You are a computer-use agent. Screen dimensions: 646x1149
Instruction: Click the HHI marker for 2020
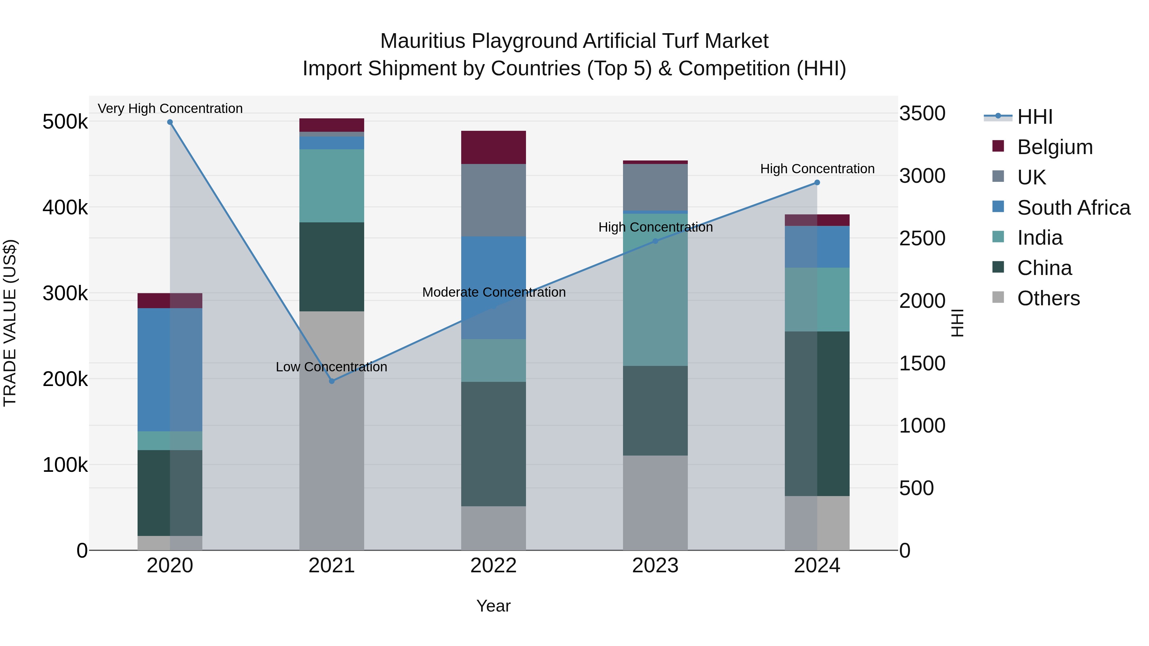pyautogui.click(x=170, y=122)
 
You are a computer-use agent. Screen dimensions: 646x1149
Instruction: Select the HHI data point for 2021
pyautogui.click(x=331, y=381)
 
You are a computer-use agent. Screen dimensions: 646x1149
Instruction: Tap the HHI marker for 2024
pyautogui.click(x=817, y=182)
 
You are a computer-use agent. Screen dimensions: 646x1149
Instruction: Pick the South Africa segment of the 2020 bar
pyautogui.click(x=169, y=370)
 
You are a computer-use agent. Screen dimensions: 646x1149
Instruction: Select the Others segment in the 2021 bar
pyautogui.click(x=331, y=430)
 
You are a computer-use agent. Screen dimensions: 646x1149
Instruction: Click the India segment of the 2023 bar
pyautogui.click(x=655, y=290)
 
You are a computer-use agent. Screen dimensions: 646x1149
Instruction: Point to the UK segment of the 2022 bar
pyautogui.click(x=493, y=200)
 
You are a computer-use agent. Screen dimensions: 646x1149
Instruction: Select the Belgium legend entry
pyautogui.click(x=1055, y=147)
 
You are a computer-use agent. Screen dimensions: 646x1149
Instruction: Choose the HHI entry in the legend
pyautogui.click(x=1034, y=117)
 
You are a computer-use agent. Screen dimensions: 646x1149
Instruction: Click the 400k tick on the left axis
pyautogui.click(x=65, y=208)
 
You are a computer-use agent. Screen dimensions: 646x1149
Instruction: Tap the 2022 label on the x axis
pyautogui.click(x=493, y=566)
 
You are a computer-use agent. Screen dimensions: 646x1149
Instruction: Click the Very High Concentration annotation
pyautogui.click(x=170, y=108)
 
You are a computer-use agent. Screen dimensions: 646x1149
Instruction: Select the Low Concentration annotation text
pyautogui.click(x=331, y=367)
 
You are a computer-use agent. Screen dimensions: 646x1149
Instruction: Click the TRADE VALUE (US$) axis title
pyautogui.click(x=10, y=323)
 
